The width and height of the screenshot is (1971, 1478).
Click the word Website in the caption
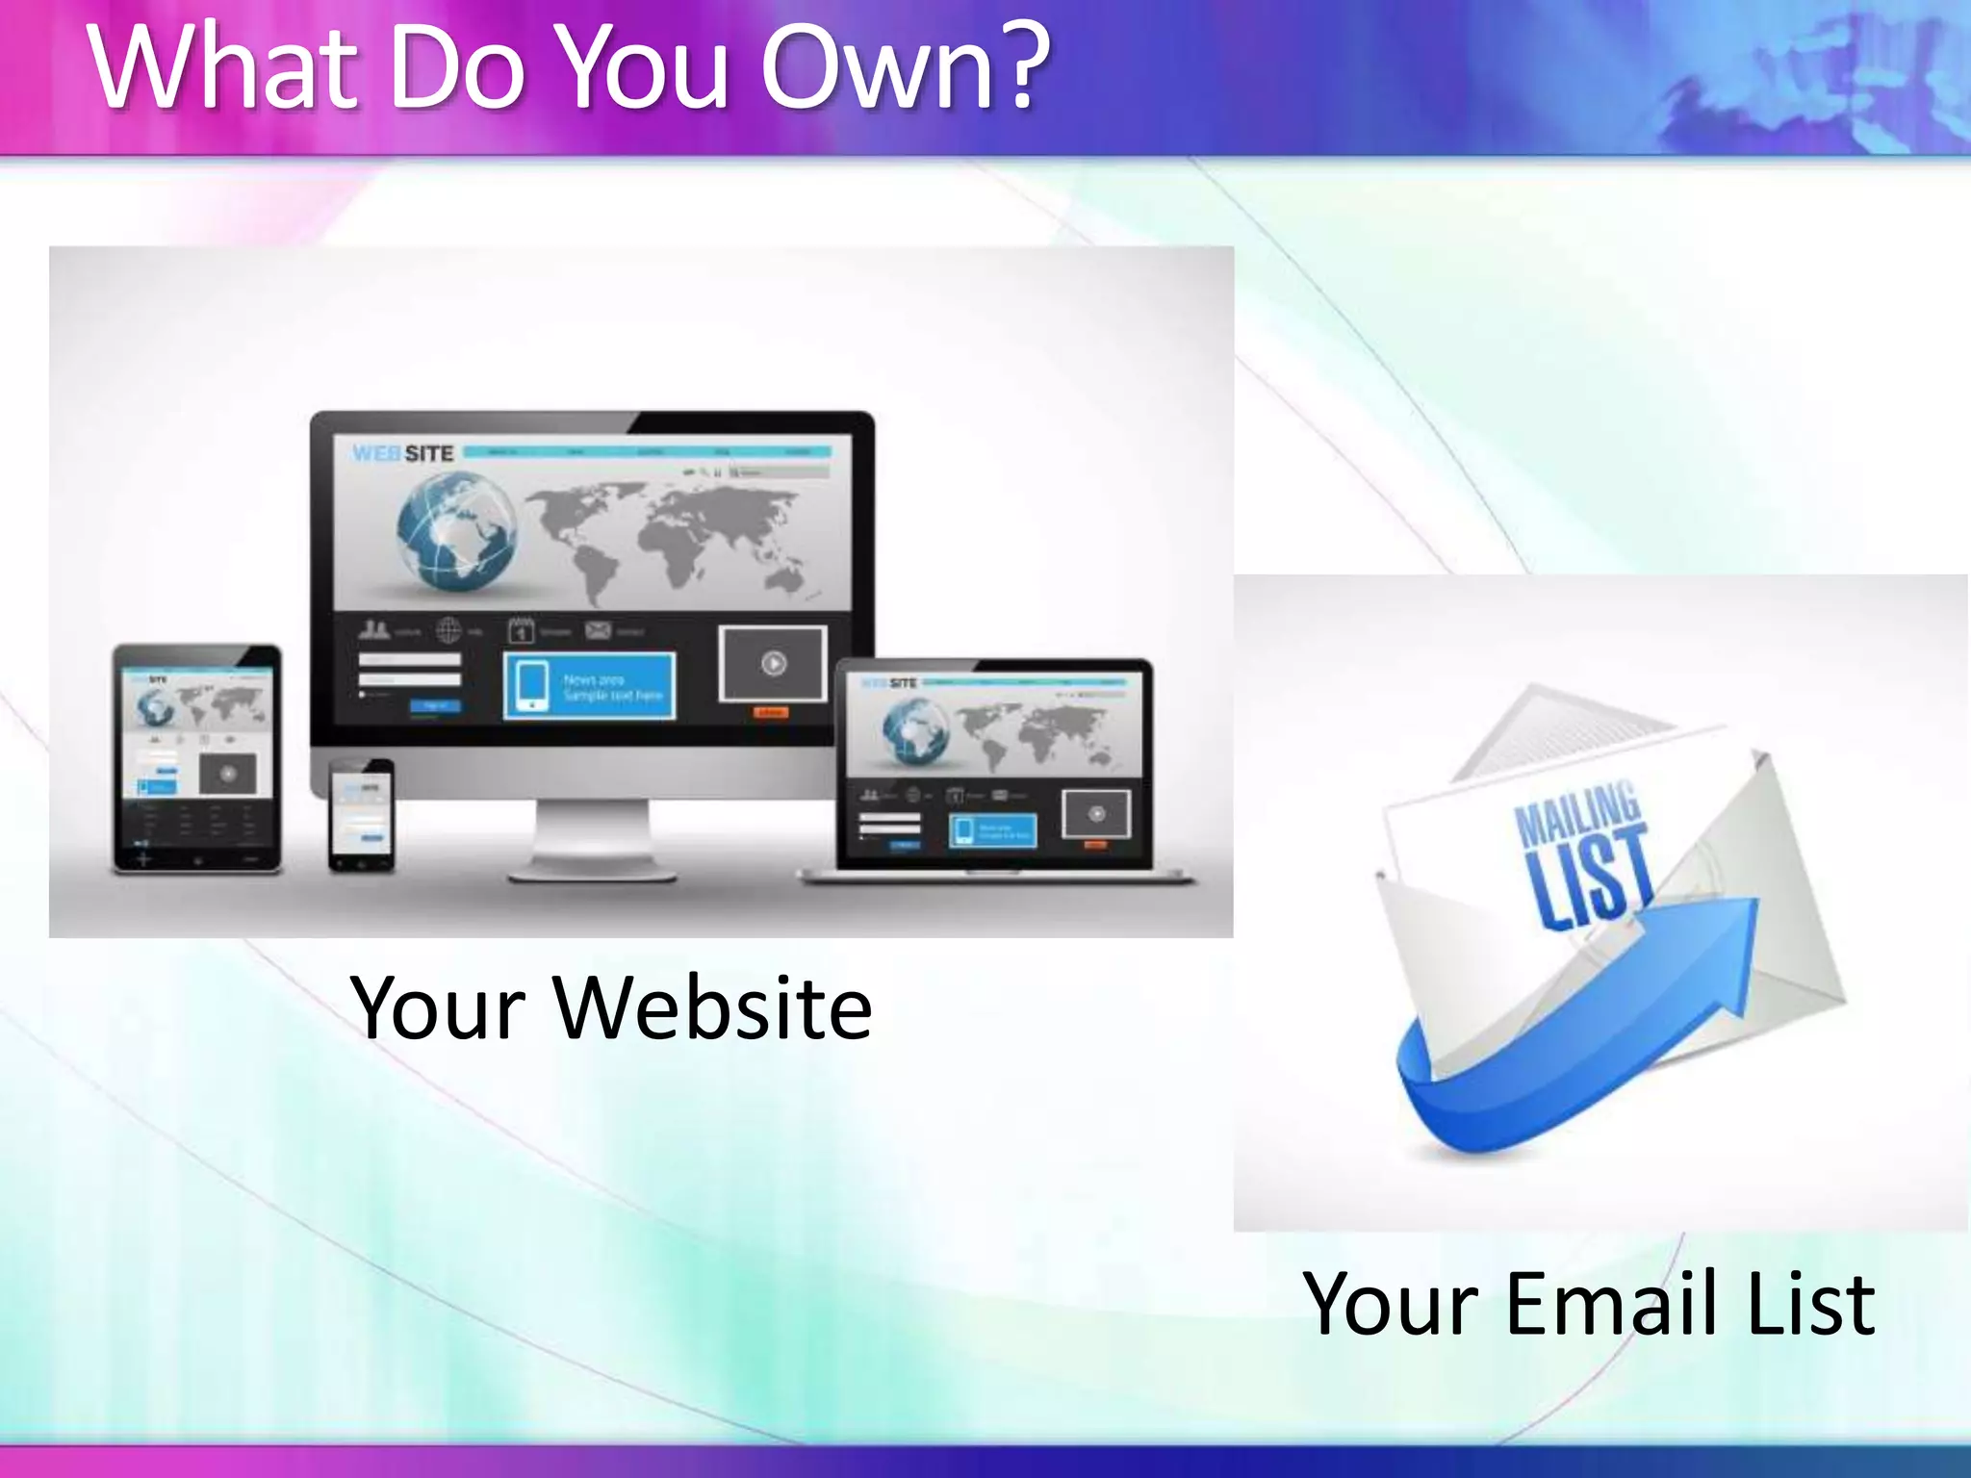click(713, 1008)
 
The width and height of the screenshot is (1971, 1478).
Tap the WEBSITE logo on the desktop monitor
click(402, 453)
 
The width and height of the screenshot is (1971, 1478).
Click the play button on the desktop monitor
click(774, 663)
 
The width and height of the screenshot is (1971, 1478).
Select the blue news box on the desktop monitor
click(589, 685)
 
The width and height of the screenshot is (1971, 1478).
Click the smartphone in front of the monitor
click(361, 816)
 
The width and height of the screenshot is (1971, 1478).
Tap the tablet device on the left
click(197, 758)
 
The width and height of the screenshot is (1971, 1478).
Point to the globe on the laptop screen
click(915, 731)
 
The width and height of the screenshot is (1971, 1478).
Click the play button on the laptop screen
click(1096, 814)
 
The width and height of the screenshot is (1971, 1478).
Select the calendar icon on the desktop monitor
click(521, 631)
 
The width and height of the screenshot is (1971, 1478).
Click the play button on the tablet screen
click(228, 774)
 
